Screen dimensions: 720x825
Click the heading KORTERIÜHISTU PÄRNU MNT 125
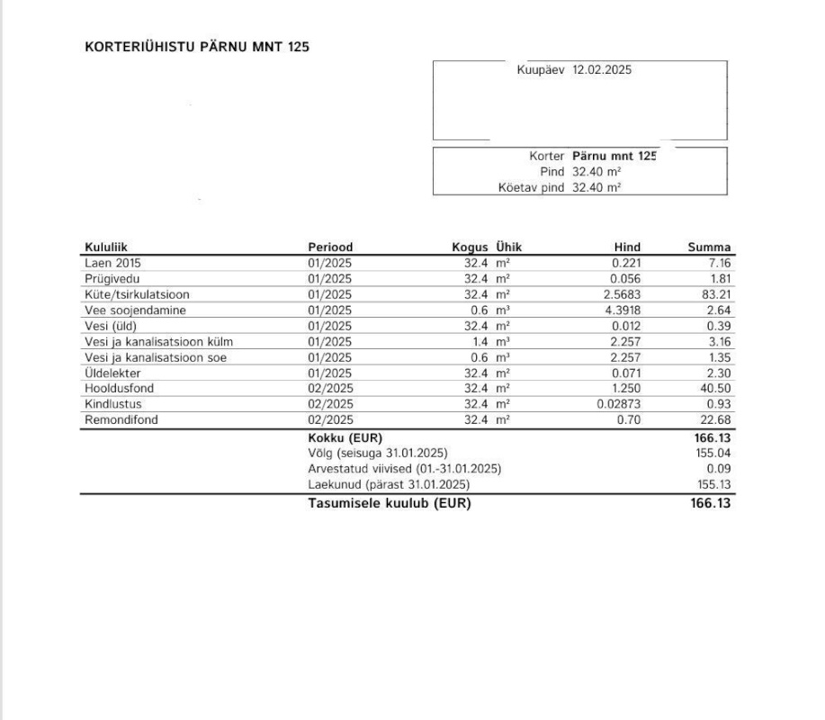point(196,47)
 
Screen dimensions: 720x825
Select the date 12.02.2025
point(602,69)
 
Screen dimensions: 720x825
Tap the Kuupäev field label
point(540,69)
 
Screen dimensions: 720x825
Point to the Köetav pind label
point(531,187)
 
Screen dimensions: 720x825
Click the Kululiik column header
point(112,247)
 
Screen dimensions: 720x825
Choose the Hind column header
point(627,247)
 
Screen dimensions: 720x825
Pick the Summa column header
point(709,247)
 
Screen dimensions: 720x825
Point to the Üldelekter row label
point(112,373)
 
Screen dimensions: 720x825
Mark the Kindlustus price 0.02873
point(616,404)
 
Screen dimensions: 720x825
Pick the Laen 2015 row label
point(112,263)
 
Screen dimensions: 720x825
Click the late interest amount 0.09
point(720,469)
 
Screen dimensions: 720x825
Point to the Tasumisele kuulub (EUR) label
point(389,503)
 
